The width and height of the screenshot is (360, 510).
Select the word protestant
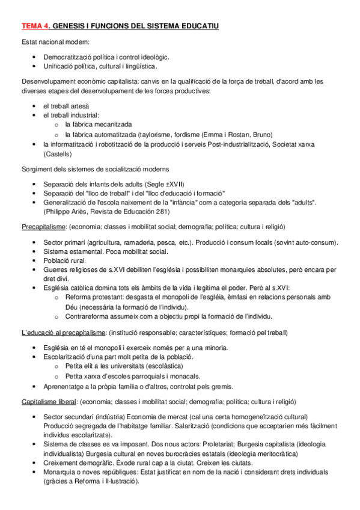coord(108,297)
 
